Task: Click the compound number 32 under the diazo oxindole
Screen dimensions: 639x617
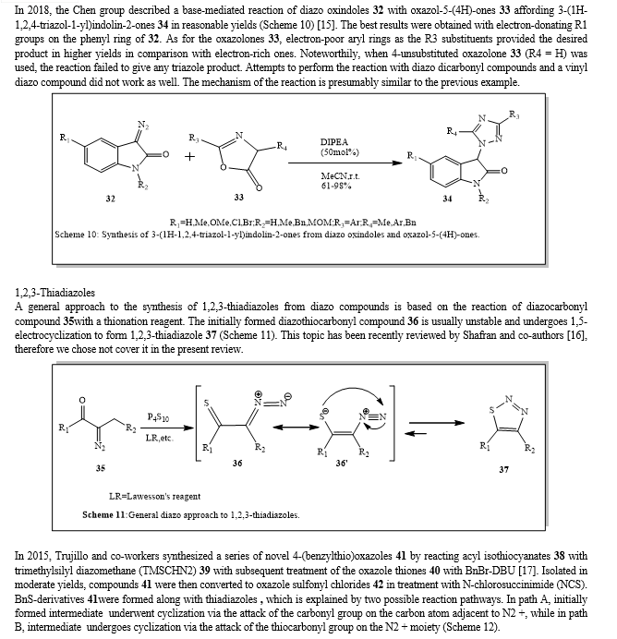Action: point(112,199)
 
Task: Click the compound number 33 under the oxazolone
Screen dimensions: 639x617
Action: point(238,197)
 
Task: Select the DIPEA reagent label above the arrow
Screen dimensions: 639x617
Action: point(334,140)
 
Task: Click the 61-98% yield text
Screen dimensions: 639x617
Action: point(337,185)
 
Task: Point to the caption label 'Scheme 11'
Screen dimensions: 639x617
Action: point(106,514)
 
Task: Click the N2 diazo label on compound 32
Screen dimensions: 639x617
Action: point(141,125)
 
